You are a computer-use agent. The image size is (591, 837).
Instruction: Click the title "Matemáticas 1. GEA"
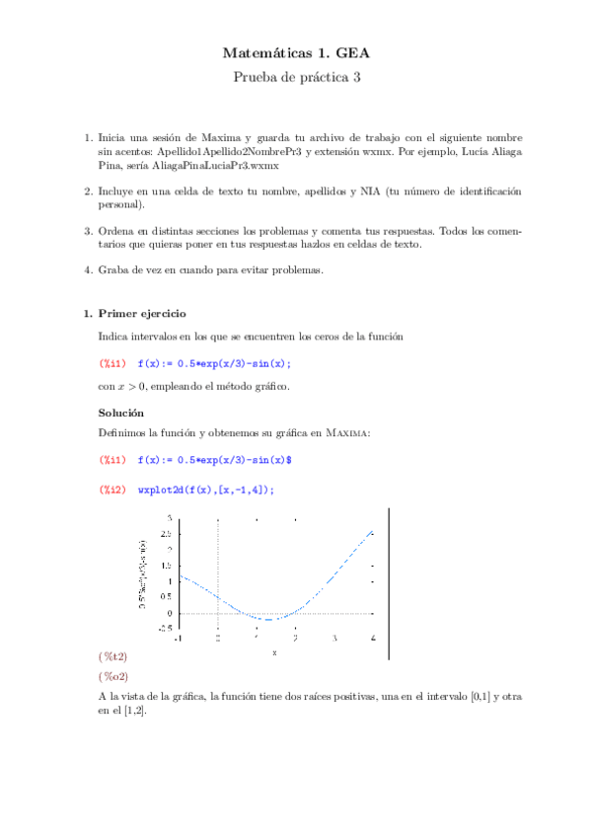click(295, 55)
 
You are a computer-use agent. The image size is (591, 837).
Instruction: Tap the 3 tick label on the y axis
click(169, 517)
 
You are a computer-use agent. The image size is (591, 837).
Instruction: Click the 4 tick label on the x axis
click(372, 639)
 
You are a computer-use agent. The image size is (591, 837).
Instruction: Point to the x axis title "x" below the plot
click(274, 651)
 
